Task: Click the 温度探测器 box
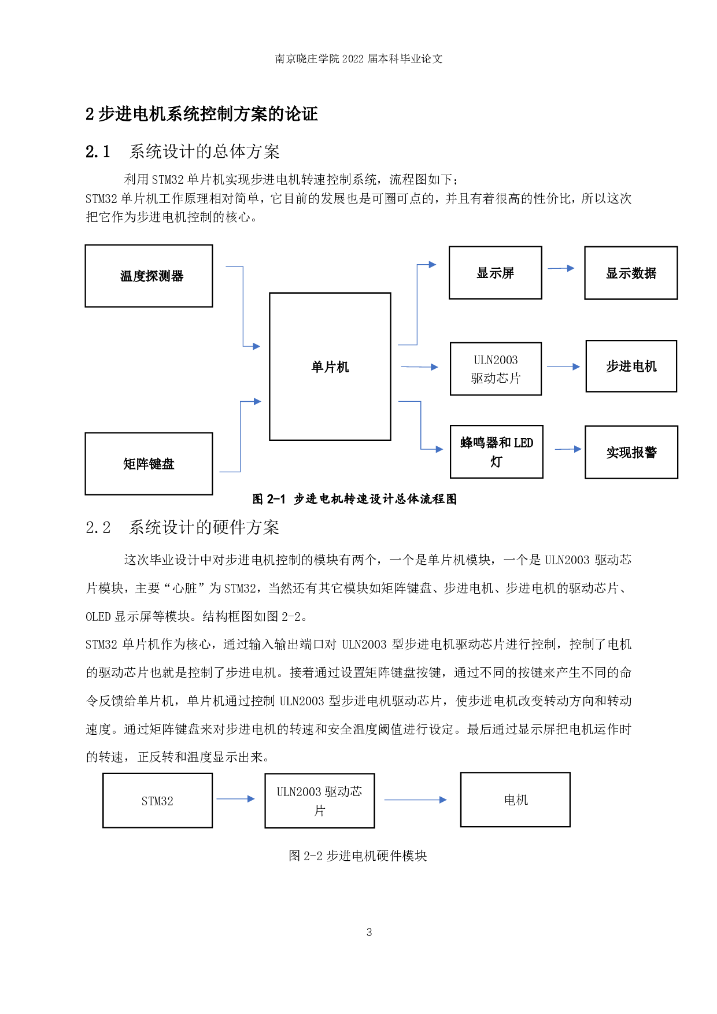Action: coord(149,276)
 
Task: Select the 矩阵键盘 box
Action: coord(149,464)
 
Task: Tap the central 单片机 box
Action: coord(330,367)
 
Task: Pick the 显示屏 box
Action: coord(495,273)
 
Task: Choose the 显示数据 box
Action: coord(631,273)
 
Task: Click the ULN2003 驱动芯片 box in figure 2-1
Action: coord(496,369)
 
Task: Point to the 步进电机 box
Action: coord(631,367)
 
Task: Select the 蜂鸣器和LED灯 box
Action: coord(496,452)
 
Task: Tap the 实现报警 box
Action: coord(631,452)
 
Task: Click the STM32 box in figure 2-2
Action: coord(157,801)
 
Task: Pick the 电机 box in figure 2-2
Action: coord(515,800)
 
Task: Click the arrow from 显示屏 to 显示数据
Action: coord(561,268)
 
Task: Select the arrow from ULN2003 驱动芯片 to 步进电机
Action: coord(563,367)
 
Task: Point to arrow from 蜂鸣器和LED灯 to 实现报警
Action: coord(568,449)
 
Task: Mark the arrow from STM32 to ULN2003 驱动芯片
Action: coord(235,799)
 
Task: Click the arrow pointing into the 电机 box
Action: coord(415,800)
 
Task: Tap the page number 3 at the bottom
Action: coord(369,932)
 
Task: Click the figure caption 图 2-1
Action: coord(269,499)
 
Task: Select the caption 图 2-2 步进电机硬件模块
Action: coord(357,856)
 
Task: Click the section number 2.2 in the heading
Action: coord(98,527)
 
